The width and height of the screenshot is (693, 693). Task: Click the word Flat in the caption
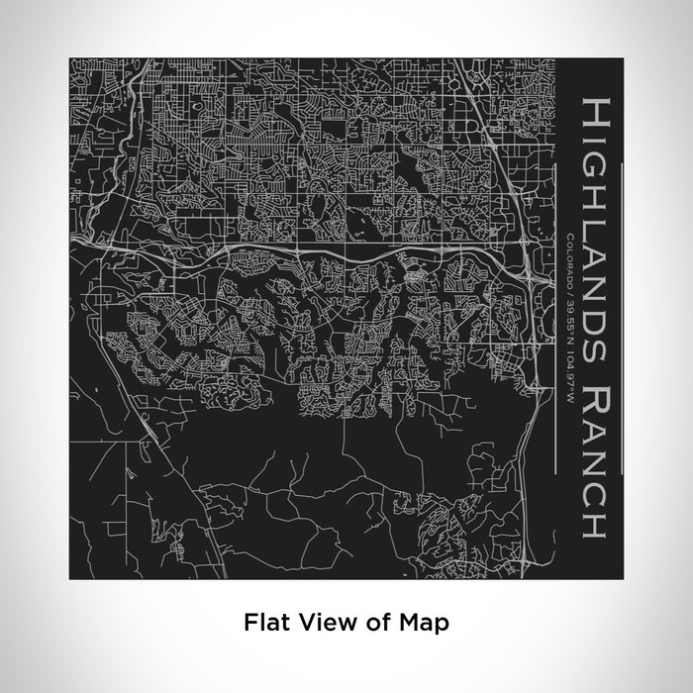click(x=263, y=623)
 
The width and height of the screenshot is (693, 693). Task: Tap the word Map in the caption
click(x=427, y=623)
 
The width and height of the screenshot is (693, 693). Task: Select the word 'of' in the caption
click(x=375, y=623)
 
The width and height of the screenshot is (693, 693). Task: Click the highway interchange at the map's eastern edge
click(x=535, y=280)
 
